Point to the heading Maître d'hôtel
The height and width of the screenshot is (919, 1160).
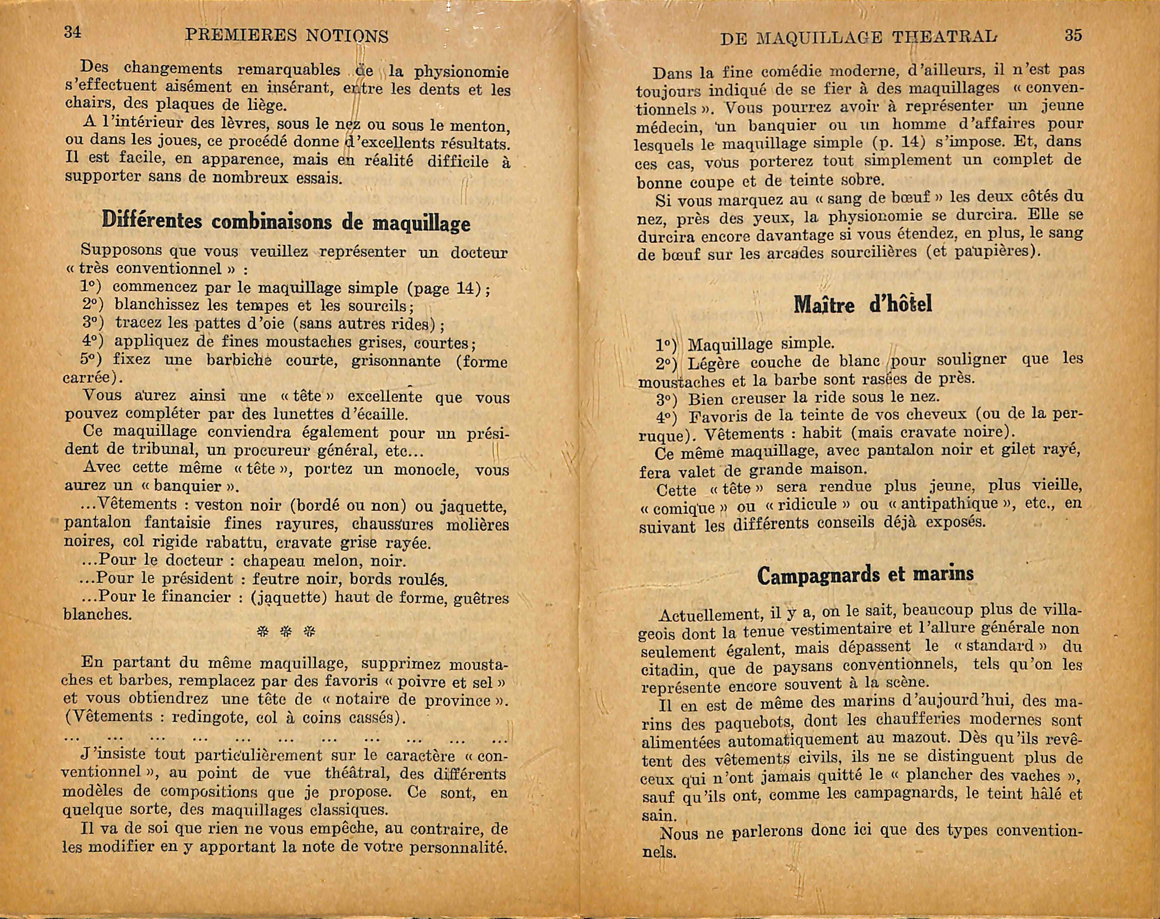[863, 305]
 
